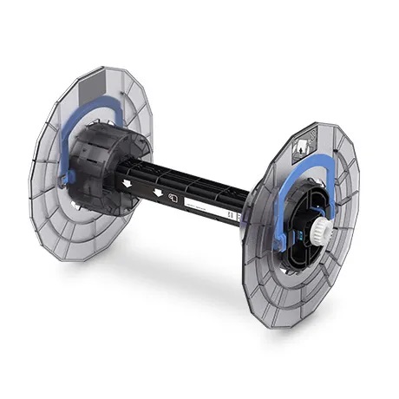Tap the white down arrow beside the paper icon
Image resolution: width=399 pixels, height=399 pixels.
click(x=156, y=192)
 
